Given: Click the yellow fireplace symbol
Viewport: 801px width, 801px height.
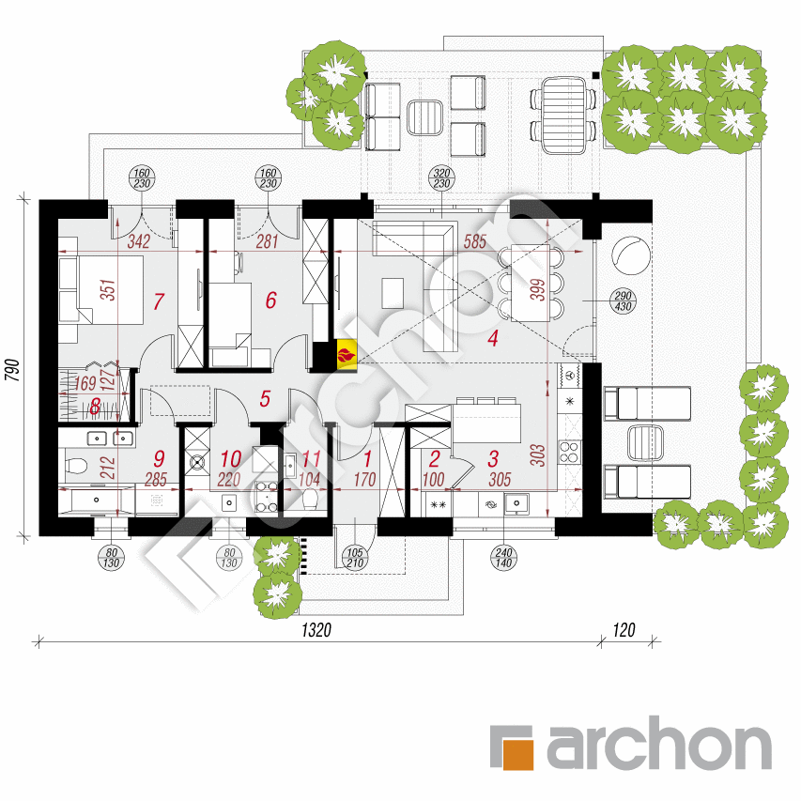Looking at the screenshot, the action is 347,353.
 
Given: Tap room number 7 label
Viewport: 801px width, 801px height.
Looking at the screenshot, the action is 159,301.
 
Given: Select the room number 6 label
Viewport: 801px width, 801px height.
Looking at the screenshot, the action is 271,300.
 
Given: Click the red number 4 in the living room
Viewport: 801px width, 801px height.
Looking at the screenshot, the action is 492,338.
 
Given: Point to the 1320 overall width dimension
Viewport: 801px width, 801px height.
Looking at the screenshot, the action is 316,630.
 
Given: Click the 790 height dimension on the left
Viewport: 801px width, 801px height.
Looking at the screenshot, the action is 12,370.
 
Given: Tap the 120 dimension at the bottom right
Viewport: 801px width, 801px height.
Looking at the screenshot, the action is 624,630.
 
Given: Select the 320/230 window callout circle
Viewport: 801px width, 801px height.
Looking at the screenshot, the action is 441,178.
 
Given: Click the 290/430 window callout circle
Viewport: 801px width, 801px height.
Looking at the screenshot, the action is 623,301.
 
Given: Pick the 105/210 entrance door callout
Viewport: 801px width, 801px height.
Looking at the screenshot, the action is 355,558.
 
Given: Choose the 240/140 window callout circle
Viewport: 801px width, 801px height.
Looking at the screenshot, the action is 503,558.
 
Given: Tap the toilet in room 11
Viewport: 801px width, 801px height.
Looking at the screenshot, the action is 310,499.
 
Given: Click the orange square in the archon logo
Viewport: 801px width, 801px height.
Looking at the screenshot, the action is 518,754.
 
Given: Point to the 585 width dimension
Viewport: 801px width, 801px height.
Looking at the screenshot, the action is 474,241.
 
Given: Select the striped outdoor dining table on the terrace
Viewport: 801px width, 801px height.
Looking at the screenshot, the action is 563,116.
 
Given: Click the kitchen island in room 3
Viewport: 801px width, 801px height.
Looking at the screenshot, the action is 486,424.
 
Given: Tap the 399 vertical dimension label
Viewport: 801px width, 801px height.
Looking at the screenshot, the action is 538,289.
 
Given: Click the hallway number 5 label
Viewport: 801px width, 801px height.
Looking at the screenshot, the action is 265,399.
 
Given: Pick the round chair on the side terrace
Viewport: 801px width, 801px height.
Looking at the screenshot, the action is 631,254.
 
